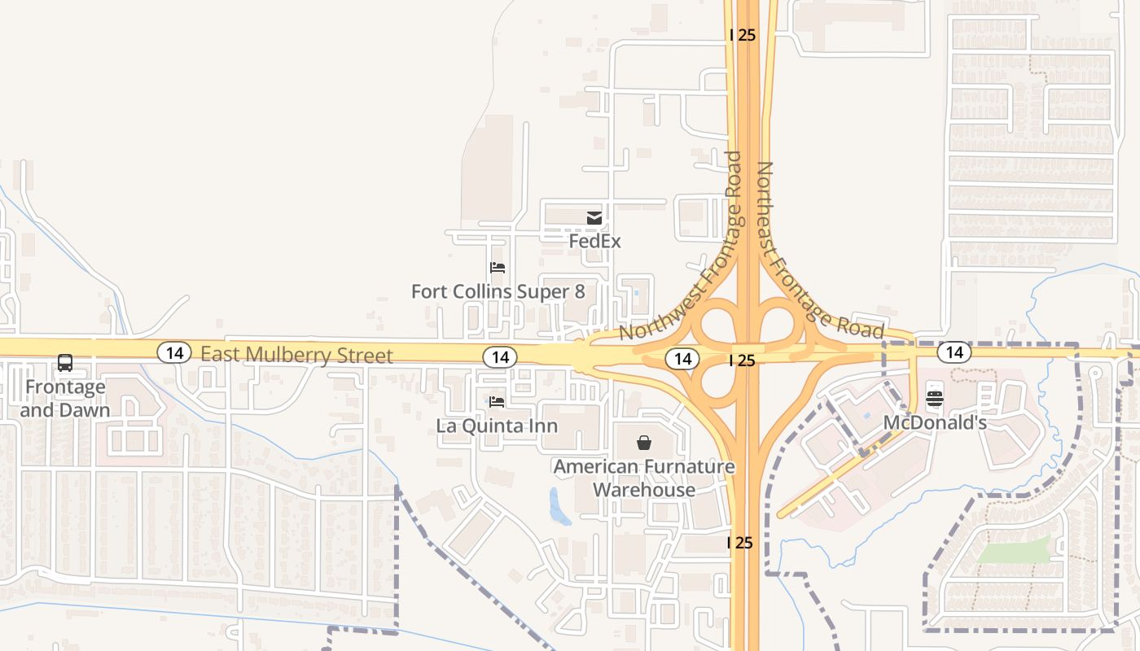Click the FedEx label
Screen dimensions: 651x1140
pos(594,242)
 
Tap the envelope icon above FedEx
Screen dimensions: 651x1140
pos(594,217)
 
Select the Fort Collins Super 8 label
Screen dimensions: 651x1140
pos(498,291)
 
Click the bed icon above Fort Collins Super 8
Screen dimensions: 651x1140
pos(497,267)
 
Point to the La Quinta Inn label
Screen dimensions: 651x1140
pos(497,426)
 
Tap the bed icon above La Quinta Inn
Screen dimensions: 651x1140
pos(497,401)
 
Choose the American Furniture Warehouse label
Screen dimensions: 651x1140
pos(644,478)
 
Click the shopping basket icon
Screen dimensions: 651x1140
pos(644,443)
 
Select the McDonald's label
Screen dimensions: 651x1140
pos(935,423)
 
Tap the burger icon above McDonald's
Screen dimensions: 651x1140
pos(934,398)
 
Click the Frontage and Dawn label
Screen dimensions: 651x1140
pos(65,398)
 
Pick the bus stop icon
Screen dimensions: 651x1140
pos(65,363)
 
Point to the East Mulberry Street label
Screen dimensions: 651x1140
pos(296,355)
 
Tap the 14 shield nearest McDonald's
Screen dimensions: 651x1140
pos(954,352)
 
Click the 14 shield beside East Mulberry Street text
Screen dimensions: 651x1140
pos(173,352)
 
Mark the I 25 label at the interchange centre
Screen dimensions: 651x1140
pos(742,360)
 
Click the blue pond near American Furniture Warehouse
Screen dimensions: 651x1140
pos(559,506)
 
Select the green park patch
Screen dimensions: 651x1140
pos(1014,551)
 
